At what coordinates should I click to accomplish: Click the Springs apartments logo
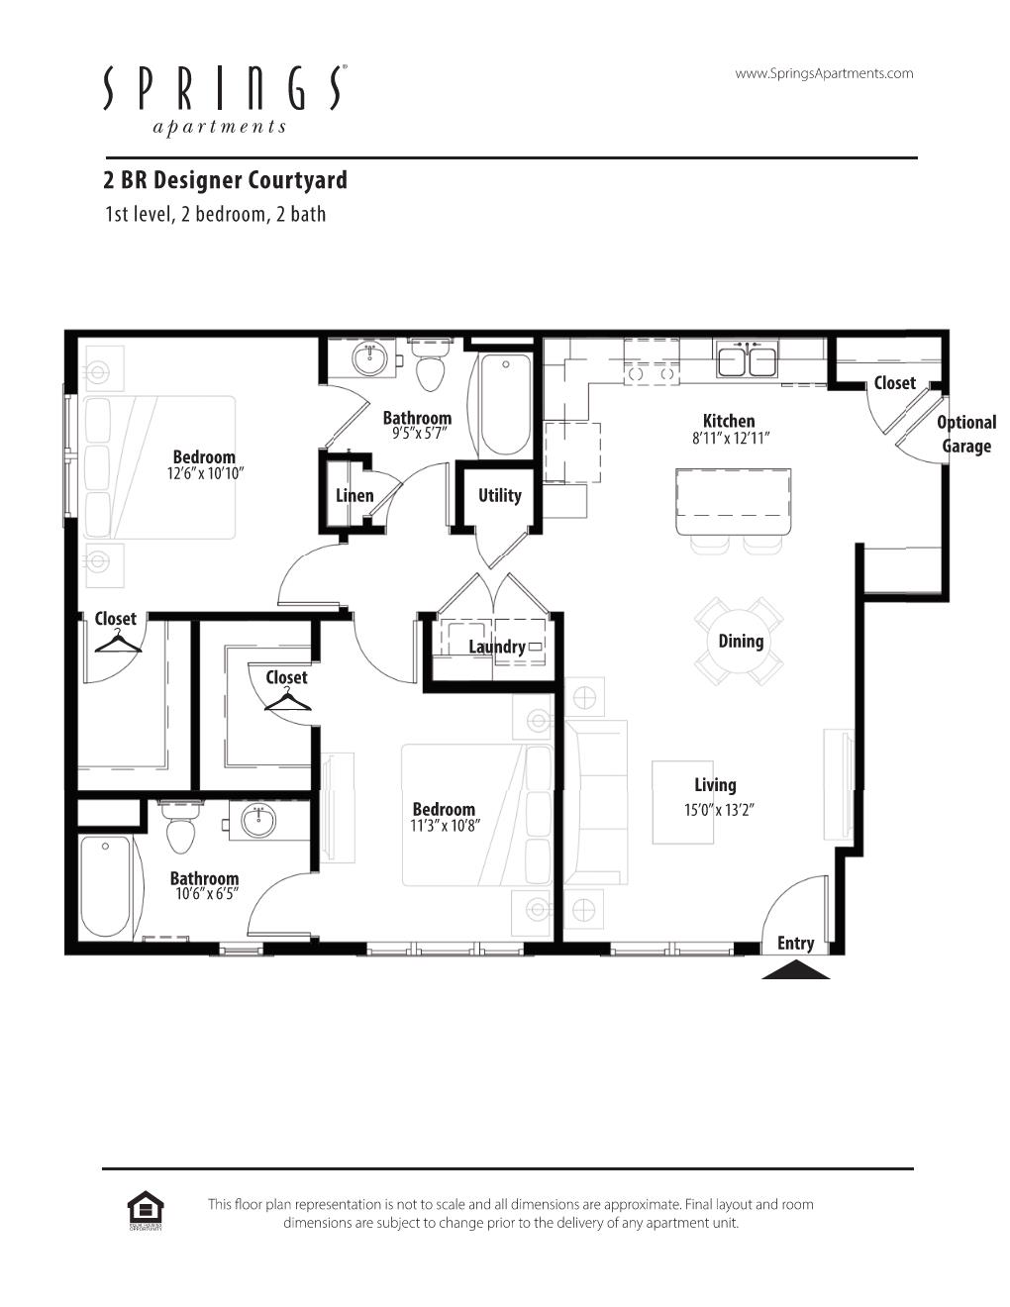[225, 100]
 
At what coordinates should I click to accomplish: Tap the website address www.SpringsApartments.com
[824, 73]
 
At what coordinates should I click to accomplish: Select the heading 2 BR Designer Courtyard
[225, 180]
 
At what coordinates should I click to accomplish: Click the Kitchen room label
[729, 421]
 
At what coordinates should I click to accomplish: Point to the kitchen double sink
[747, 359]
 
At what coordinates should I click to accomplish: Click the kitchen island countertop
[734, 502]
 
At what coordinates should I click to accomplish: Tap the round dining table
[740, 642]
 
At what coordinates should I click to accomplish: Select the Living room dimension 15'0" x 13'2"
[719, 810]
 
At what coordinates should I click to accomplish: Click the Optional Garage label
[966, 435]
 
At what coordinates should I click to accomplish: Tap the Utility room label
[499, 496]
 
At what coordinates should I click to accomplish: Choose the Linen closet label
[354, 496]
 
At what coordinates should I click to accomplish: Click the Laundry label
[497, 647]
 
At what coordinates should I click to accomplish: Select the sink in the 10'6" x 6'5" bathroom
[258, 821]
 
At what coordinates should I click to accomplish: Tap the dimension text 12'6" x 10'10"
[205, 473]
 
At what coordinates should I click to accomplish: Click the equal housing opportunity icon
[146, 1210]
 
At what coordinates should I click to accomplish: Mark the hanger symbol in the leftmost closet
[118, 643]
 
